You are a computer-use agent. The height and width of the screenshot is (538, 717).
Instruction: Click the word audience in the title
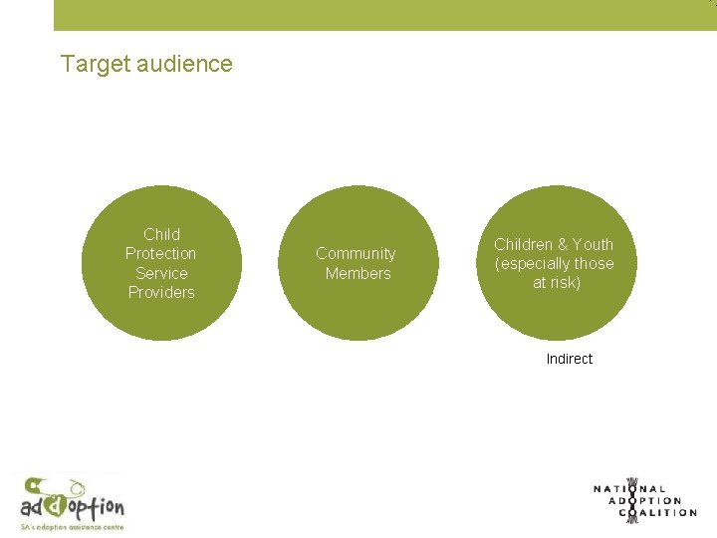(183, 65)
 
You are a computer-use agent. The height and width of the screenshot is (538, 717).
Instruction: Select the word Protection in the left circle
(161, 254)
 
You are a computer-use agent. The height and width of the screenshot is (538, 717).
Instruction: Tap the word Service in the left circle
(161, 273)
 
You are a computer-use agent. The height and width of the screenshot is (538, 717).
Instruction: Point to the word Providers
(161, 292)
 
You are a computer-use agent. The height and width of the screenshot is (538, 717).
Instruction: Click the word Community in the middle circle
(356, 254)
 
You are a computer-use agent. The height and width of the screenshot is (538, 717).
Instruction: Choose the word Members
(358, 273)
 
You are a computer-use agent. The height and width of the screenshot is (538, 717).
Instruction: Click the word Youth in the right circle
(593, 244)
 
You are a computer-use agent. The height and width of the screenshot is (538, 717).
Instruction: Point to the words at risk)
(556, 282)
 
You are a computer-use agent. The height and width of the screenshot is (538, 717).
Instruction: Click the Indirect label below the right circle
(569, 359)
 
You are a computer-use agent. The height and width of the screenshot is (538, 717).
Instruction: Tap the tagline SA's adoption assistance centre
(72, 525)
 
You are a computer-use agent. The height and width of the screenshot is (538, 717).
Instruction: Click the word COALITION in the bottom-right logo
(658, 513)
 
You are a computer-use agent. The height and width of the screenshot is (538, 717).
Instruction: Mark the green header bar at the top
(384, 15)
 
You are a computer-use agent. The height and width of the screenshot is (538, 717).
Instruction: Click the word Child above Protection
(161, 235)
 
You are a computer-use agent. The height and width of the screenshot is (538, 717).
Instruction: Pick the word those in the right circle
(594, 263)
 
